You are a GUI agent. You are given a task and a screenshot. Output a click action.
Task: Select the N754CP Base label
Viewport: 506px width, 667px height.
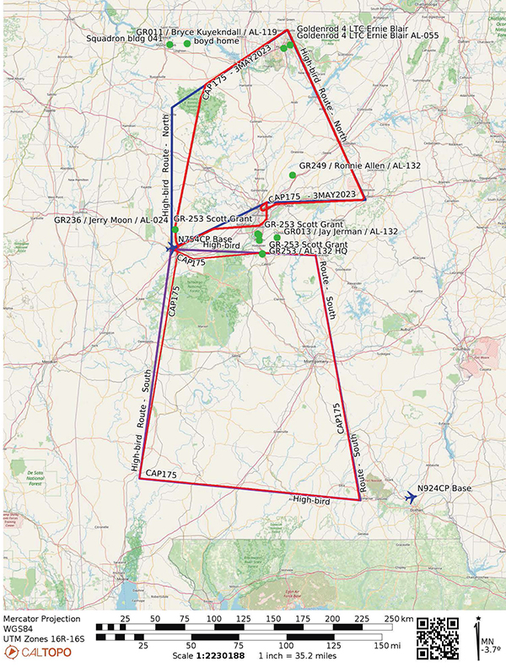205,239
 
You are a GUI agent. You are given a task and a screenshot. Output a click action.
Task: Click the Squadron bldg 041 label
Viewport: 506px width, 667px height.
126,39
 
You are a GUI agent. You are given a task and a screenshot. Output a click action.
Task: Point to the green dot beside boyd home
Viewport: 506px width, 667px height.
187,43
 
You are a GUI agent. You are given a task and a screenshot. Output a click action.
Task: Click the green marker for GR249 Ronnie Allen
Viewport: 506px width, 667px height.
293,175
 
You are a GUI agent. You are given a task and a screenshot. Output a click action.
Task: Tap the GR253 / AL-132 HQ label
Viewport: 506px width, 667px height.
310,252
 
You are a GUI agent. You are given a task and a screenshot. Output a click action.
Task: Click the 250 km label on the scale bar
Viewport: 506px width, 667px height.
395,619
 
